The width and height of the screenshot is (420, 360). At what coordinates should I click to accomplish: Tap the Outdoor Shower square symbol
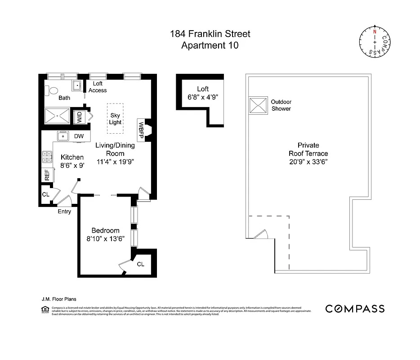[259, 106]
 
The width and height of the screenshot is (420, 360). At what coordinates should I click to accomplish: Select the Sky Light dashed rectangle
[116, 118]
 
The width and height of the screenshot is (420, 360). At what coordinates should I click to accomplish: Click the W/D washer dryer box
[80, 118]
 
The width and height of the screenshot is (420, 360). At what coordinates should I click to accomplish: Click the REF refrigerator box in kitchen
[47, 175]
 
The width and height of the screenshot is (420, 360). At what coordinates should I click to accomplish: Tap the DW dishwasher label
[79, 136]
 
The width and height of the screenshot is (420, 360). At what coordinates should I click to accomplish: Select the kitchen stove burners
[46, 157]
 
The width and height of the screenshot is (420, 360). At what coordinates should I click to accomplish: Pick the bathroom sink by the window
[77, 85]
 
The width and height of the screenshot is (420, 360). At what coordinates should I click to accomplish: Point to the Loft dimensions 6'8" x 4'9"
[203, 97]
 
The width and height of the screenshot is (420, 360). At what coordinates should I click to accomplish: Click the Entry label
[64, 211]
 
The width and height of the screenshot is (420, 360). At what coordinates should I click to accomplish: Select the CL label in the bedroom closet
[140, 264]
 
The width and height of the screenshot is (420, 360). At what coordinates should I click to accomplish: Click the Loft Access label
[98, 87]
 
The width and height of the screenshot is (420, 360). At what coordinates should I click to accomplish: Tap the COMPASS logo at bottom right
[355, 309]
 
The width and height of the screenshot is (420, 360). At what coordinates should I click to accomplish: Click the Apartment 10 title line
[210, 45]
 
